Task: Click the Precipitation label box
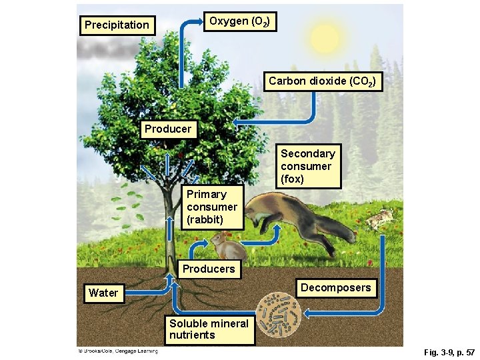[117, 25]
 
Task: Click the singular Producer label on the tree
[168, 129]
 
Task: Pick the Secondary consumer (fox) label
[308, 166]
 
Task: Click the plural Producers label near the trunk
[209, 269]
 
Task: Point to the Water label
[103, 293]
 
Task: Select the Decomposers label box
[335, 288]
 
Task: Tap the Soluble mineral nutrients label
[209, 329]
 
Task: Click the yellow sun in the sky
[325, 38]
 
